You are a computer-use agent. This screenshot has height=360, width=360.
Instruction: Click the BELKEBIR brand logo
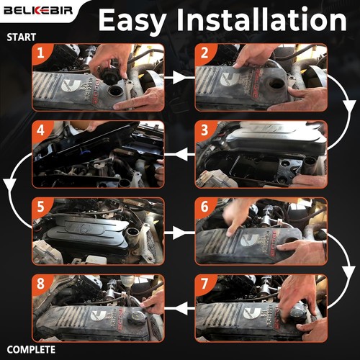34,13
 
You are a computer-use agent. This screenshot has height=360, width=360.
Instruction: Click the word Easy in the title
137,20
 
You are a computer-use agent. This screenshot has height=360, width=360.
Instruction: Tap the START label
21,36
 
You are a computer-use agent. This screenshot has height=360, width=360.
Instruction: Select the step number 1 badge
42,53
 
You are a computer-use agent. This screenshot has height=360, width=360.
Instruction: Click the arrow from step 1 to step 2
179,73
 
